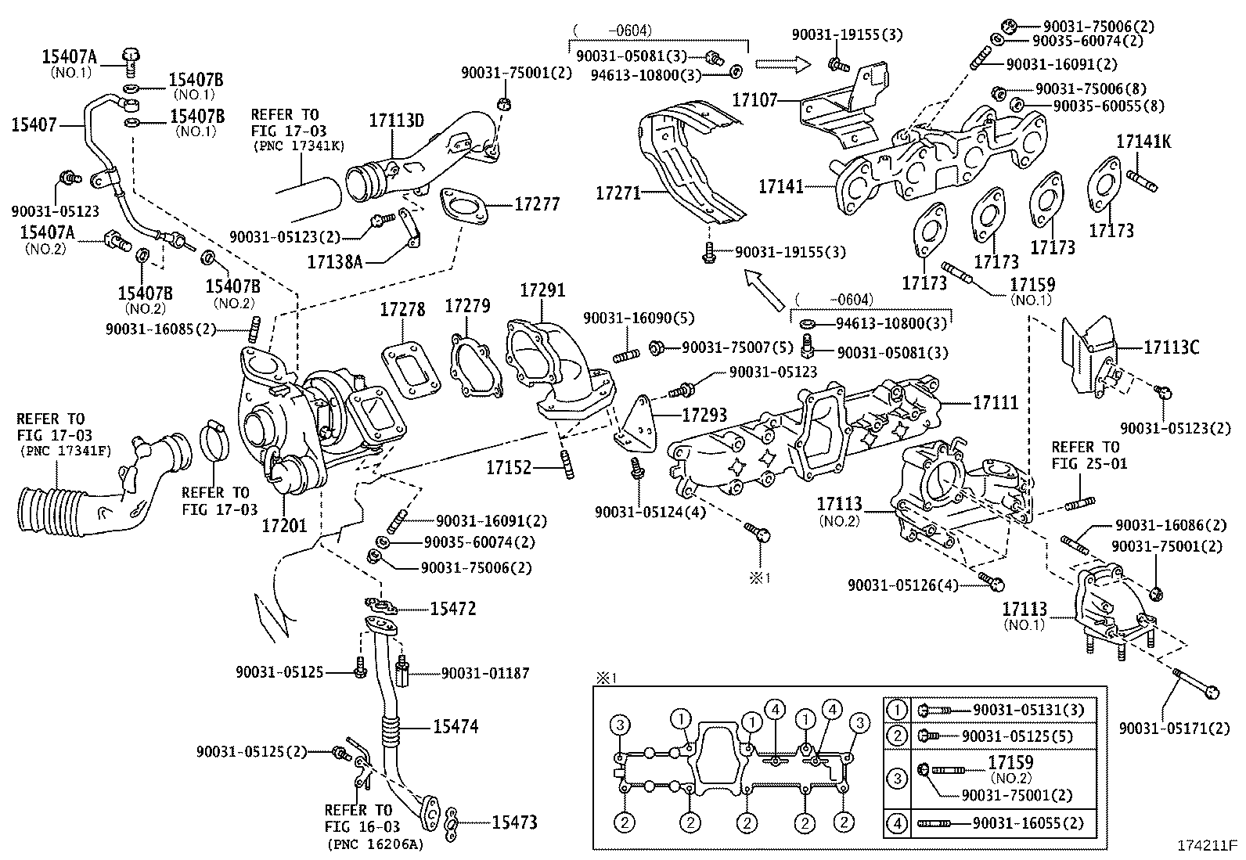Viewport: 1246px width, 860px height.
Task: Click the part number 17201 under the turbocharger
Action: [x=284, y=524]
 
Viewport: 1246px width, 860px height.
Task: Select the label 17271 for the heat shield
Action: [x=618, y=193]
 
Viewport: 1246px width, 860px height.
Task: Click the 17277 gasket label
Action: [x=537, y=204]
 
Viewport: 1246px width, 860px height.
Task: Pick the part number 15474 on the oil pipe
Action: [x=456, y=726]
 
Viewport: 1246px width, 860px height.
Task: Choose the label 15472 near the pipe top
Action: [x=452, y=609]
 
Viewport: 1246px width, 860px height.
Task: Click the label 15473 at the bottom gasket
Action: [x=514, y=822]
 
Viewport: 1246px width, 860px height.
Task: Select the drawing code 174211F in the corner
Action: [x=1206, y=845]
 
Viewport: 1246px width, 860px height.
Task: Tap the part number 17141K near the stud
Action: [x=1143, y=142]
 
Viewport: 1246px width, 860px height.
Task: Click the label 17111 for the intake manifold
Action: [x=996, y=402]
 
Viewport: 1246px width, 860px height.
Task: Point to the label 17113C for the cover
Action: [x=1171, y=347]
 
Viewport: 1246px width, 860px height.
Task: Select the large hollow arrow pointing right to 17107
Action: [x=783, y=63]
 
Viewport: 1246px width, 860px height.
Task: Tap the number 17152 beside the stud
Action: [x=509, y=468]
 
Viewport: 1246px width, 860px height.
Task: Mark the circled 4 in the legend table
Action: [x=897, y=822]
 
